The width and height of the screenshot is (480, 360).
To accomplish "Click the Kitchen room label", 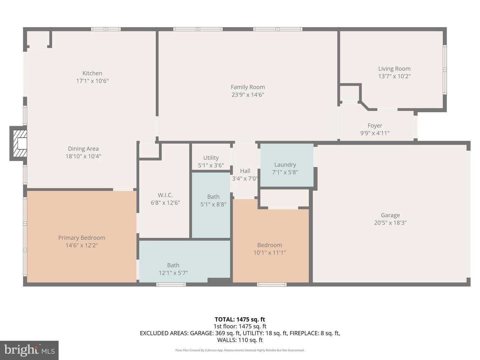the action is [92, 73].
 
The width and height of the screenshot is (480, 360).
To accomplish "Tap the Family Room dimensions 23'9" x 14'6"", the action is [248, 95].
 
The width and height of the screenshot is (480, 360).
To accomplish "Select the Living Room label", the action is [394, 69].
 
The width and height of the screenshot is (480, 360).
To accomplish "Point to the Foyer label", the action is [375, 125].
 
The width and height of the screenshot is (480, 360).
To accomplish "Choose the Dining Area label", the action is [83, 149].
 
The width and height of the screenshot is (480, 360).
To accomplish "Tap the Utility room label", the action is [211, 158].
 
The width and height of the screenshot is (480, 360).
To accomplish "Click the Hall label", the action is [245, 171].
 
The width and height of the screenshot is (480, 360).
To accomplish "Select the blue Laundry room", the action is [287, 165].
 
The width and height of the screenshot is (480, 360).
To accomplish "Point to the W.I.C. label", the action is [165, 195].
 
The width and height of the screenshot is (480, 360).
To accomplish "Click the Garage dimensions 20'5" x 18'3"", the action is [390, 223].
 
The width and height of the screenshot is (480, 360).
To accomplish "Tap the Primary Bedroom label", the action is [82, 238].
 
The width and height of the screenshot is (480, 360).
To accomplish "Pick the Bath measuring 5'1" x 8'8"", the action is [211, 205].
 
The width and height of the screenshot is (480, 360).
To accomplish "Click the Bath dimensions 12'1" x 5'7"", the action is [173, 273].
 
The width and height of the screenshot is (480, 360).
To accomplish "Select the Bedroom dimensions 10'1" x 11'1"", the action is [270, 252].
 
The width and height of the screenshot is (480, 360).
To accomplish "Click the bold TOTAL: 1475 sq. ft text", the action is [240, 319].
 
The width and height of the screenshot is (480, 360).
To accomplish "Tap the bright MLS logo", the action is [29, 350].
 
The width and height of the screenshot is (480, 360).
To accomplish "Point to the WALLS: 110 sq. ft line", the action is [240, 340].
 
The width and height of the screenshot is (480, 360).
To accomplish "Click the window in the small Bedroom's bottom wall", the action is [272, 284].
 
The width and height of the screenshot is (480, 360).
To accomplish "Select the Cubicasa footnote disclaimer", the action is [240, 350].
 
